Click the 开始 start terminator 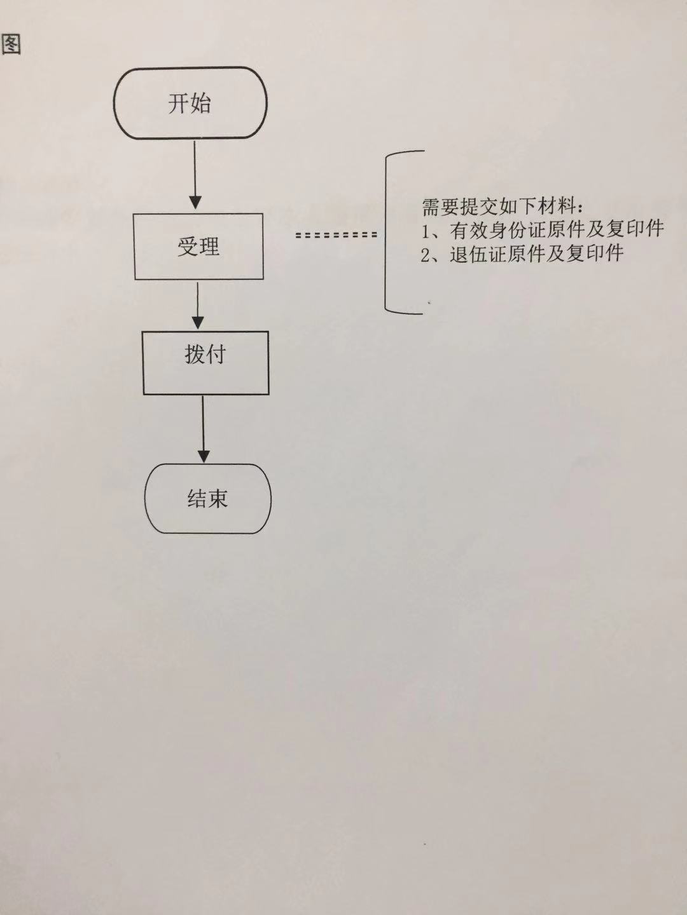[x=190, y=102]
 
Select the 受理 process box [x=198, y=247]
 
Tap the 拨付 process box [x=205, y=362]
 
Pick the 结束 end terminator [x=207, y=498]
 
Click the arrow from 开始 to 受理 [x=195, y=175]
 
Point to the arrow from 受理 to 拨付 [x=198, y=305]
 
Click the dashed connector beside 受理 [x=337, y=234]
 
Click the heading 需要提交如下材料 [x=503, y=207]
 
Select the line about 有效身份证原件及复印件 [x=543, y=229]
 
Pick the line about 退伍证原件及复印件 [x=522, y=254]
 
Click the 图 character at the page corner [x=11, y=44]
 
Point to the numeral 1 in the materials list [x=426, y=230]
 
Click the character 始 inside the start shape [x=200, y=103]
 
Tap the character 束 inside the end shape [x=218, y=499]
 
